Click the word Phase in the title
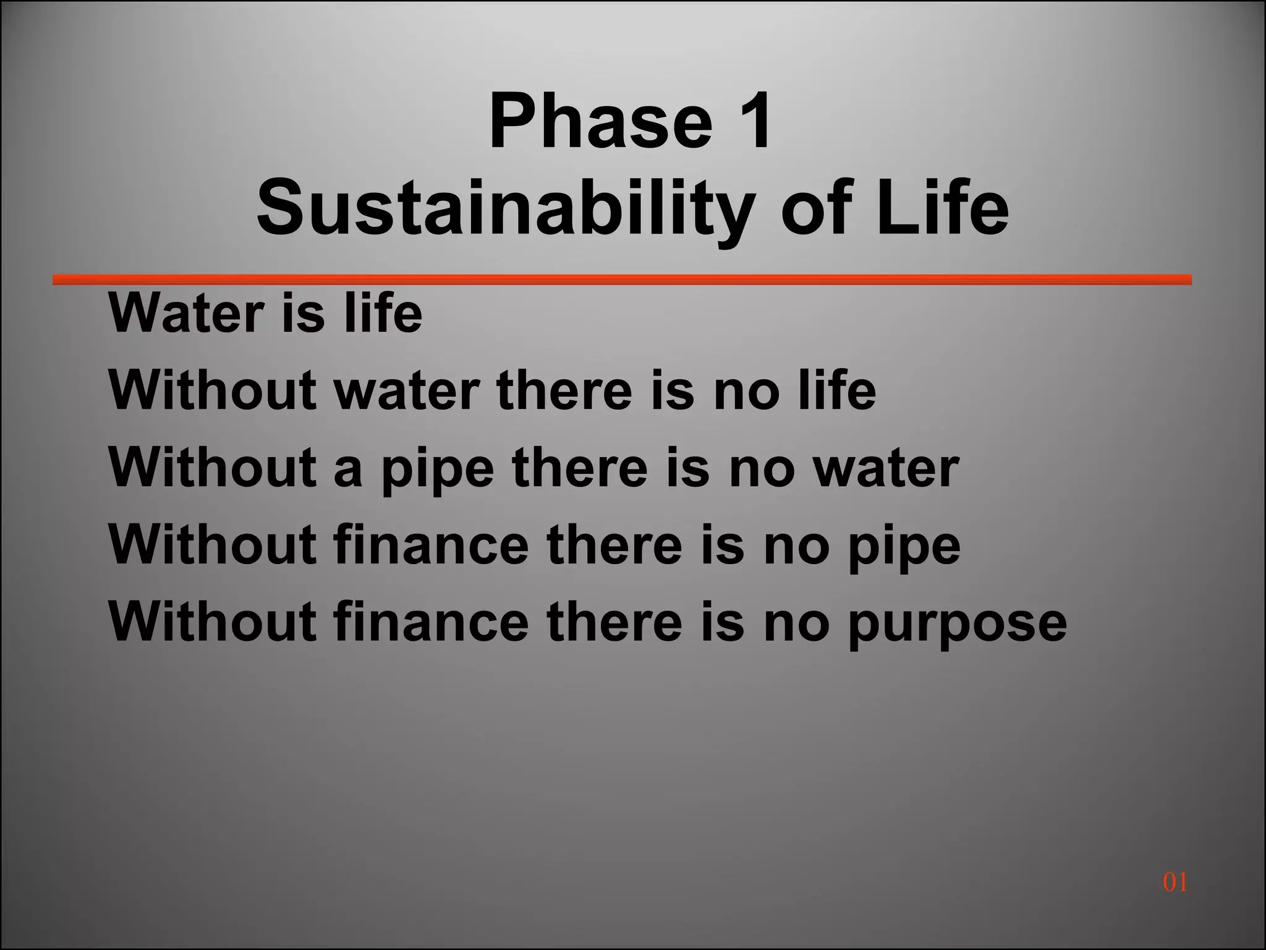tap(600, 120)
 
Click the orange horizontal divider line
tap(622, 280)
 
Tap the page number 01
tap(1175, 882)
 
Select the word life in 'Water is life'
tap(383, 313)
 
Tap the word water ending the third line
tap(885, 469)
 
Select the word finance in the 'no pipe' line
tap(431, 546)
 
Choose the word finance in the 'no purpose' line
tap(431, 622)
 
